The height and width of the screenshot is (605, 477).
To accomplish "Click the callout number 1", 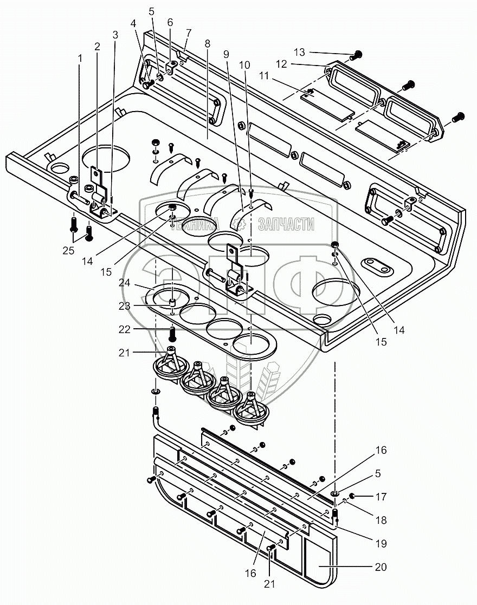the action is click(80, 58).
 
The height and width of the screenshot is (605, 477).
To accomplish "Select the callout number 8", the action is click(208, 43).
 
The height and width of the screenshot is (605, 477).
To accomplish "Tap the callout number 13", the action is click(299, 52).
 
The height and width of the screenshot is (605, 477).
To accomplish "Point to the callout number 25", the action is click(68, 250).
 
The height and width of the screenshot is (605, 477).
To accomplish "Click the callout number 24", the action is click(124, 282).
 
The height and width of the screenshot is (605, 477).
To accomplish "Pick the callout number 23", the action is click(124, 305).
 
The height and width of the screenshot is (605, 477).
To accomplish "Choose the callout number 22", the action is click(124, 329).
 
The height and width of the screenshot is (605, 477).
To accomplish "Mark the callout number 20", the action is click(381, 567).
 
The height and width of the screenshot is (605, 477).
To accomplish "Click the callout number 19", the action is click(381, 543).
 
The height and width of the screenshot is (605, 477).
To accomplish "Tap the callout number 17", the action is click(381, 497).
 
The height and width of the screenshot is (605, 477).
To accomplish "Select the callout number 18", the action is click(381, 520).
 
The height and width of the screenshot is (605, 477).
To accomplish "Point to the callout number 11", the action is click(264, 76).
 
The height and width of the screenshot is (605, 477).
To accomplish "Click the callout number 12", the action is click(281, 64).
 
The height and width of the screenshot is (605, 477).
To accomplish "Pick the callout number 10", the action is click(244, 65).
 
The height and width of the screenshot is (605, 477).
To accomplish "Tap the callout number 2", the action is click(97, 47).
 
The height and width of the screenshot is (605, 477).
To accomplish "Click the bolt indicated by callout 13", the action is click(356, 55).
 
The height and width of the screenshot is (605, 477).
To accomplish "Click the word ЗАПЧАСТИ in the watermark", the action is click(286, 224).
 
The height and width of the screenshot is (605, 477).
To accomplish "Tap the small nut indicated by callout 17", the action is click(352, 496).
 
